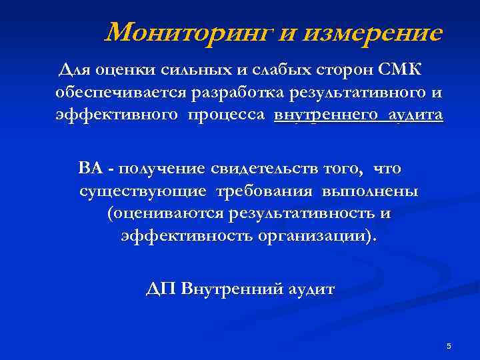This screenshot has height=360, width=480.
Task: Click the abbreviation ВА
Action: coord(90,169)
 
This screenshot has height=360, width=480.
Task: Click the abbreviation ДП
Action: coord(161,290)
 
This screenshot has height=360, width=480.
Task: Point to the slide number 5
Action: coord(449,346)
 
